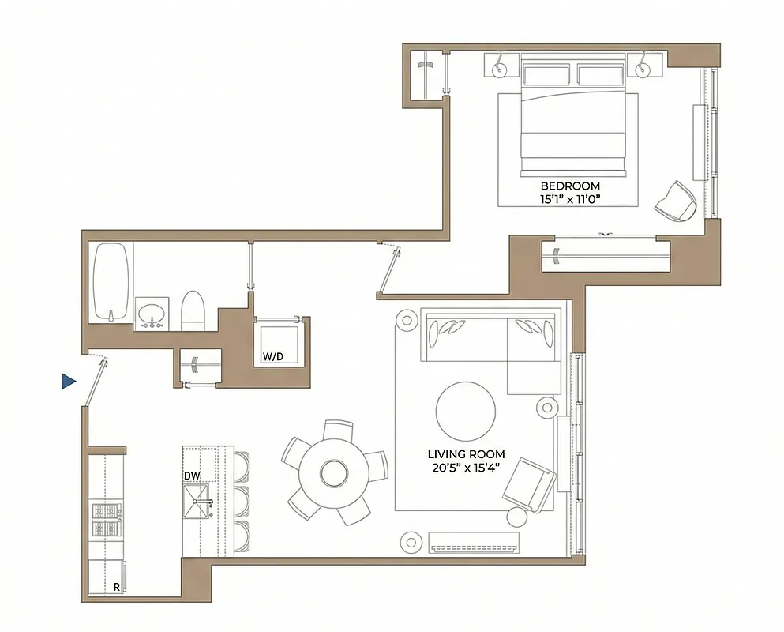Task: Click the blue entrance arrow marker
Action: [69, 382]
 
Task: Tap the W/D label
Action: [273, 357]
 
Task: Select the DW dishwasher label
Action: [191, 476]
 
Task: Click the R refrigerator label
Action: [117, 587]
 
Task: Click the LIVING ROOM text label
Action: [466, 454]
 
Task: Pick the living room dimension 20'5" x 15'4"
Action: [466, 468]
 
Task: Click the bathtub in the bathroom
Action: [110, 282]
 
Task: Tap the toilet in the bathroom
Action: [193, 311]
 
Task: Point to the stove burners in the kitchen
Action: [105, 520]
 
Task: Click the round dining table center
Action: [333, 474]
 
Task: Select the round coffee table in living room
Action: [466, 411]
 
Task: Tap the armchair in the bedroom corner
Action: [676, 201]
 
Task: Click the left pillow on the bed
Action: [545, 75]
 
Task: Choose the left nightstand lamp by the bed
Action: [500, 70]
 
